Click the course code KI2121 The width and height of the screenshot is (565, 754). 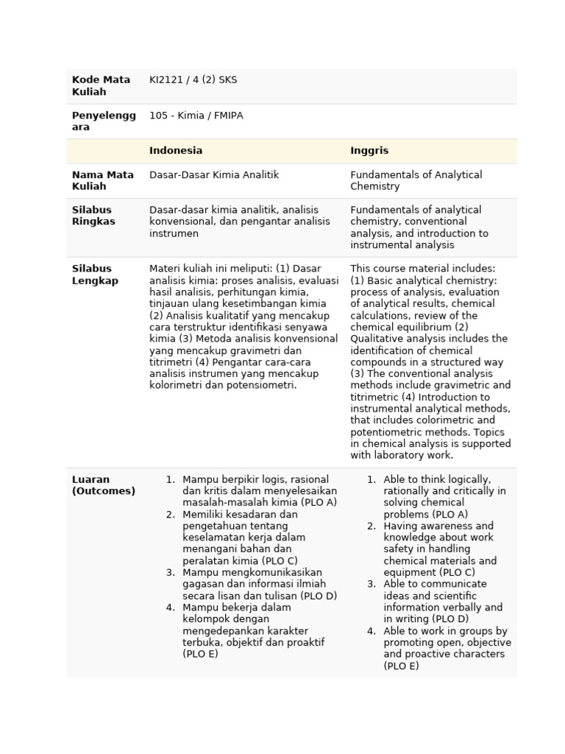[x=166, y=80]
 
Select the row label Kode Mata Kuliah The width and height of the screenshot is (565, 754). [x=101, y=86]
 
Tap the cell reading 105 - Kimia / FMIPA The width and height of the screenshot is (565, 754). [x=196, y=116]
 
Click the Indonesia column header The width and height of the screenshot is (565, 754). [x=176, y=151]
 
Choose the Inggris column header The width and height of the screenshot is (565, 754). [x=369, y=151]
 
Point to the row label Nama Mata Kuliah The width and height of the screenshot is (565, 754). [x=102, y=180]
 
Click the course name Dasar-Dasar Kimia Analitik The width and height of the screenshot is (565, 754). [x=214, y=175]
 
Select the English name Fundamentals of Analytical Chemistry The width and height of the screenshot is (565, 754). [x=416, y=180]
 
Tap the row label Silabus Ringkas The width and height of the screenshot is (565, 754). [x=93, y=216]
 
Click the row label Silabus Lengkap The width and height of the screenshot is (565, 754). [x=95, y=275]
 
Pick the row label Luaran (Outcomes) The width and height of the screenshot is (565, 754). [x=103, y=485]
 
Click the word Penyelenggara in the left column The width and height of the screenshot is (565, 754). [x=103, y=121]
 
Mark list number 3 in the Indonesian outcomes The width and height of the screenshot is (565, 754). [x=170, y=573]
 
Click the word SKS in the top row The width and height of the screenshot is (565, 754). [x=228, y=80]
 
